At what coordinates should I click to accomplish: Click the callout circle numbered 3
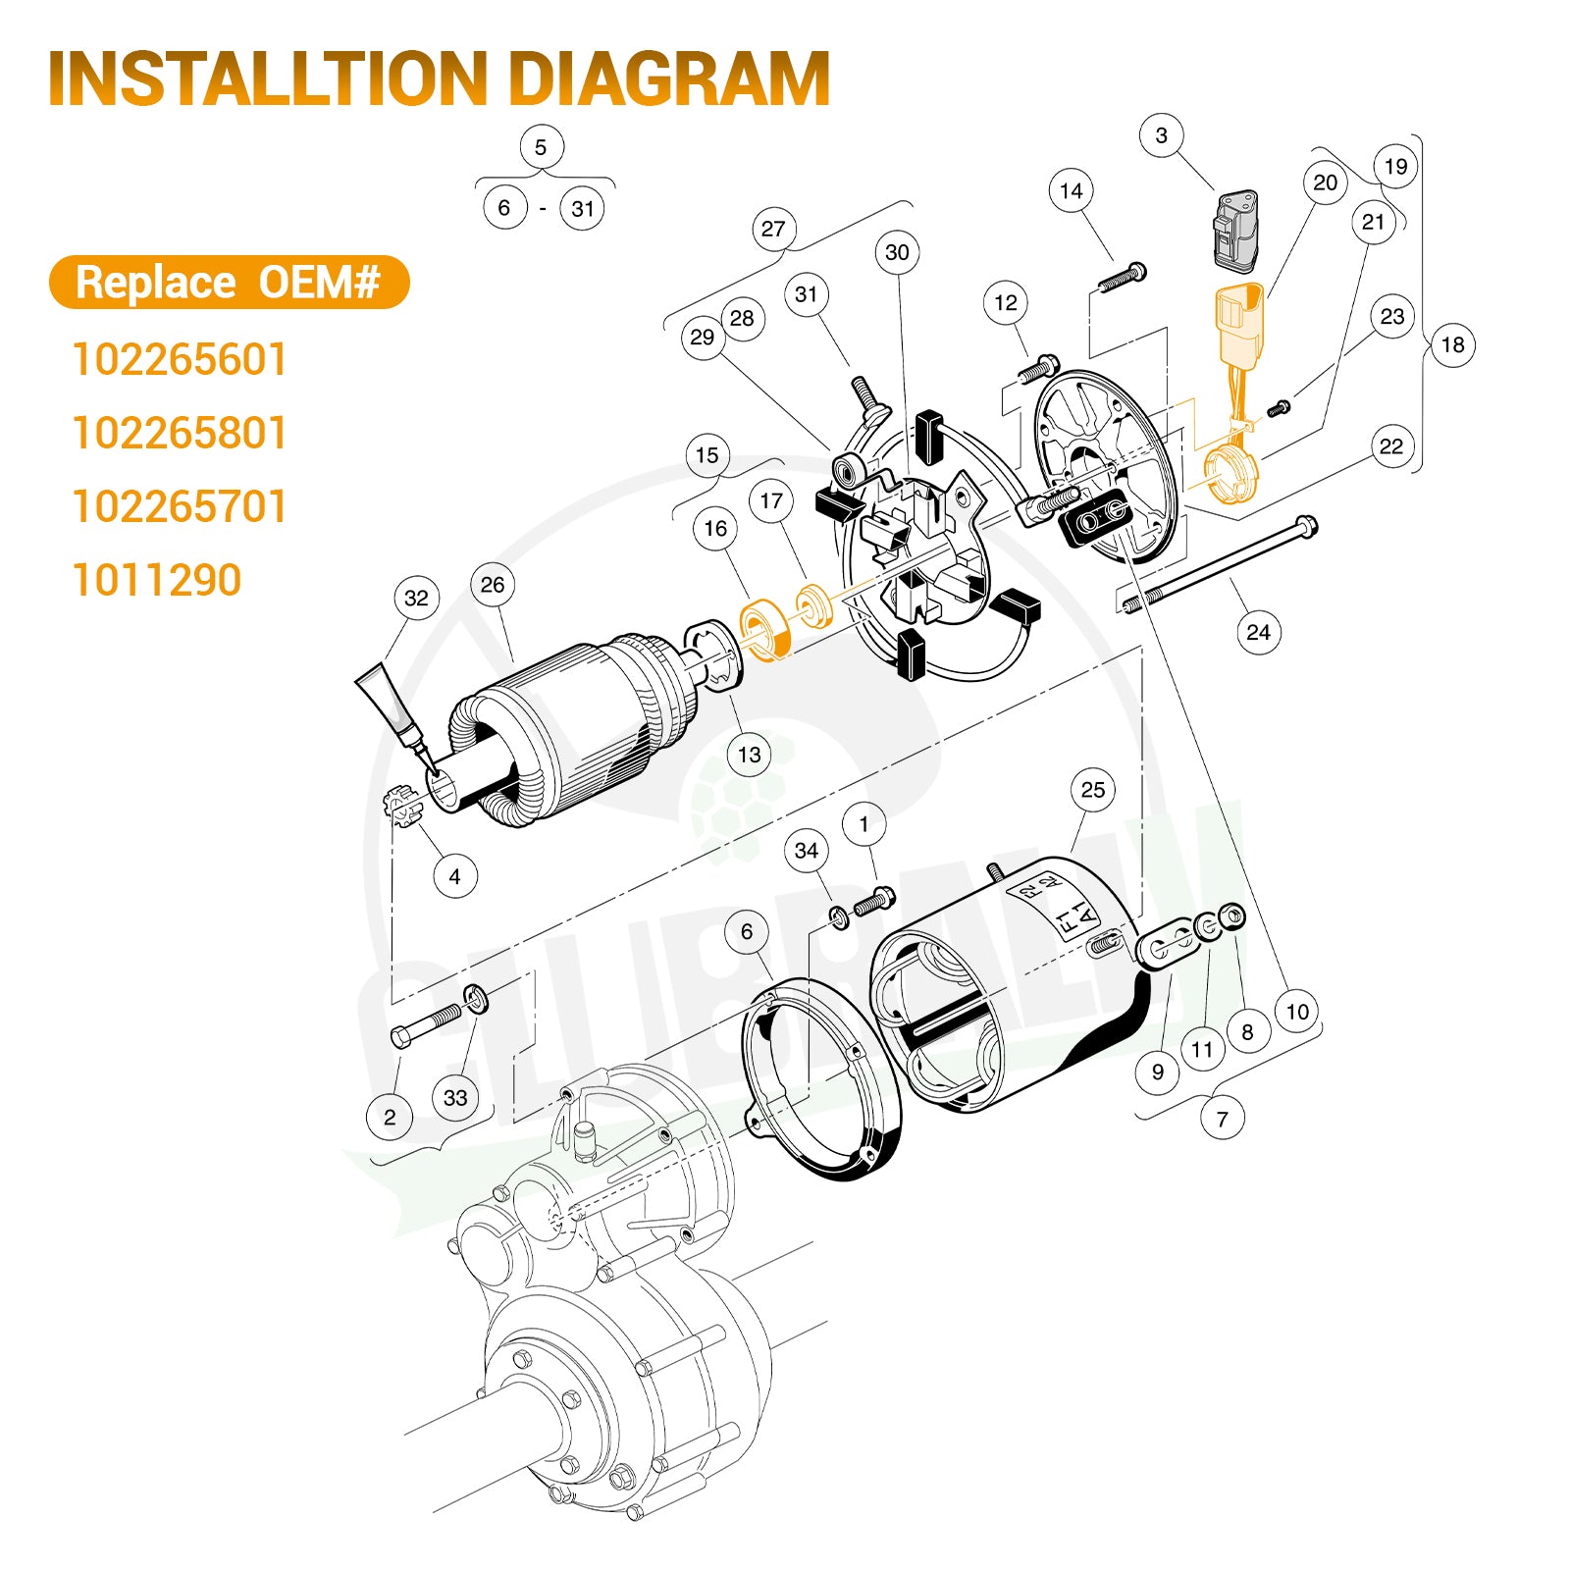click(1162, 135)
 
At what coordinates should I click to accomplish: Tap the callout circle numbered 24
click(1258, 632)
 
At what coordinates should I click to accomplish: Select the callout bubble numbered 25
click(1092, 790)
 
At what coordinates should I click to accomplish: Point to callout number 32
click(416, 598)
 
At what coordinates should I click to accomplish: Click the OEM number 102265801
click(180, 433)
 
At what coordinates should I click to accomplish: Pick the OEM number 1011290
click(157, 580)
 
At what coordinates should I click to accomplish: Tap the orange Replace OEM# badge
click(229, 283)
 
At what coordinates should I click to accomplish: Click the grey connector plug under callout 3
click(1235, 231)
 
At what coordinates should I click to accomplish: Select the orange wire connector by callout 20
click(1240, 324)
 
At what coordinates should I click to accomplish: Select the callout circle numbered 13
click(749, 755)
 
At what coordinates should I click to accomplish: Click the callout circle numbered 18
click(1452, 345)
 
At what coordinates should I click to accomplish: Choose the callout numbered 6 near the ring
click(747, 931)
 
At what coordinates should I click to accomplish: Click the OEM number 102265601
click(180, 359)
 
